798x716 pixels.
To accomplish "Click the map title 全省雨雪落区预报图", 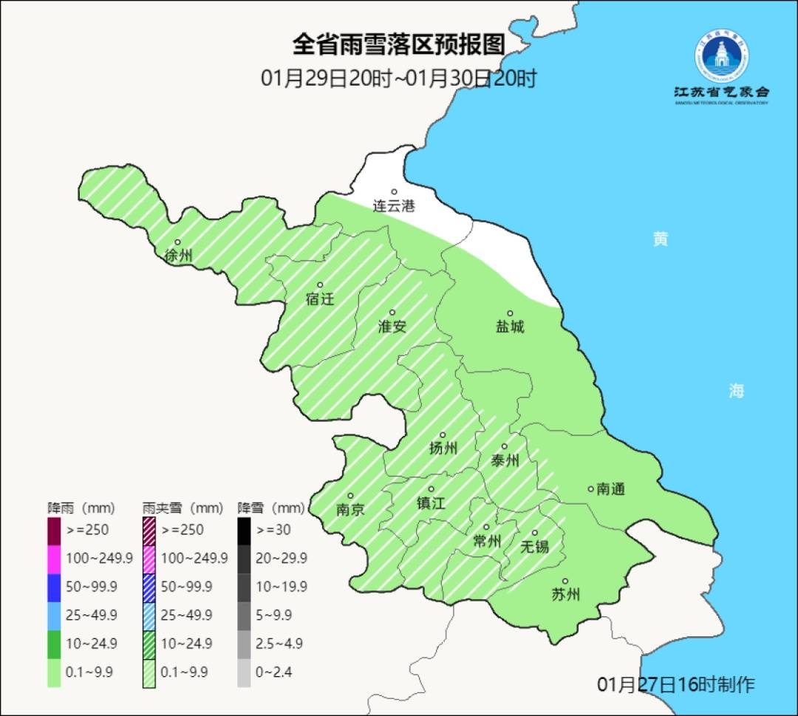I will [x=398, y=44].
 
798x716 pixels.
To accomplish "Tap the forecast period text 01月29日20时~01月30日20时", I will [x=398, y=78].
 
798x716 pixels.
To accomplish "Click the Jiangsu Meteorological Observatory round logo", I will [x=722, y=55].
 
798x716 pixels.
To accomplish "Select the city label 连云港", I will [x=394, y=206].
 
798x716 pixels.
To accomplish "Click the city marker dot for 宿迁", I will [x=320, y=285].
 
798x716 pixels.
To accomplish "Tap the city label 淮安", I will [x=392, y=326].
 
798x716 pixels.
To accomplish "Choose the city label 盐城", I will [x=509, y=327].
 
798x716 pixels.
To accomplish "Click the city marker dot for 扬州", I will [x=443, y=435].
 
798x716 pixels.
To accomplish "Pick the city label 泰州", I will [x=505, y=460].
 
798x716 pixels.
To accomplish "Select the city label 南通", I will [x=610, y=488].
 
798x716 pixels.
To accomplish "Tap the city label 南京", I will [x=349, y=509].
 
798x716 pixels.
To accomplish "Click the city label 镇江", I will [x=430, y=502].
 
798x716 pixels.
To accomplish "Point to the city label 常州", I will [x=487, y=541].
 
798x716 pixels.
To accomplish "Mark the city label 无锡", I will [x=534, y=546].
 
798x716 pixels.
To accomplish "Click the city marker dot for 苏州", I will [x=565, y=582].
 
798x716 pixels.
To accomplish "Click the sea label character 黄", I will [x=660, y=239].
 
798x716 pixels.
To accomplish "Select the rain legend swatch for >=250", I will [x=54, y=530].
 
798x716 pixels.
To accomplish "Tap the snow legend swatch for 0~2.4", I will [x=244, y=672].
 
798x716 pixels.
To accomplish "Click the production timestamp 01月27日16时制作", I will [x=675, y=684].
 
